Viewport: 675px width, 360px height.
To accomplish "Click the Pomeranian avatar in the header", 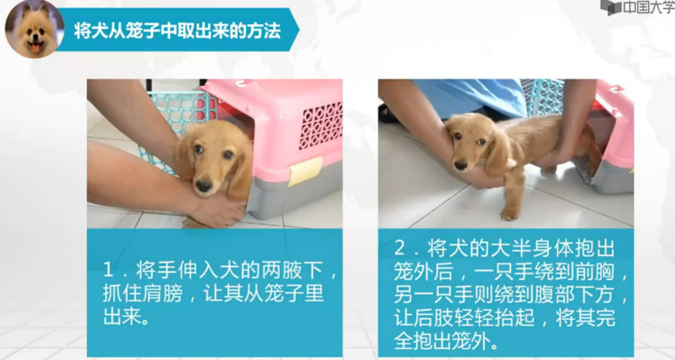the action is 34,29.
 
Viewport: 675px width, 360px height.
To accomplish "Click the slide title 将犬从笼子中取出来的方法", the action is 178,30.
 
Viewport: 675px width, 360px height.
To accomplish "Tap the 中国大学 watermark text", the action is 648,7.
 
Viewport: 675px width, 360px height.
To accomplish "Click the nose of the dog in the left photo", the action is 204,185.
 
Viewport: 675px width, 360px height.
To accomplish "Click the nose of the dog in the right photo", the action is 461,165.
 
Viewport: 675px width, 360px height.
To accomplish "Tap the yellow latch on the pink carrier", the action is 305,171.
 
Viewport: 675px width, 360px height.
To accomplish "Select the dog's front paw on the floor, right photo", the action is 509,214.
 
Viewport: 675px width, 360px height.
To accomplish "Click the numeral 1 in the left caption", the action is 108,270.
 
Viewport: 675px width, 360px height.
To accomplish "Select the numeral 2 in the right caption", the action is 400,248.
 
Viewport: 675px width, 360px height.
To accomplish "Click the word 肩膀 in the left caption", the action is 162,293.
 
